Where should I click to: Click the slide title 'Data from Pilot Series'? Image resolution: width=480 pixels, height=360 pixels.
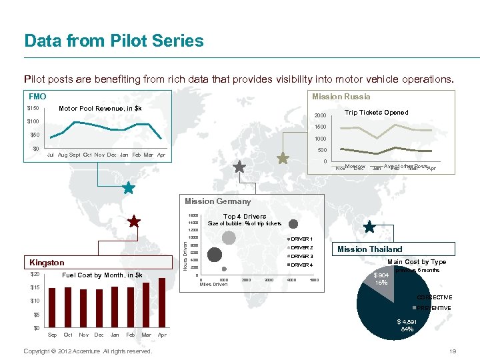coord(114,41)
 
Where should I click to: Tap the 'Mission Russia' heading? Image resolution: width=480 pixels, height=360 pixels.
coord(341,97)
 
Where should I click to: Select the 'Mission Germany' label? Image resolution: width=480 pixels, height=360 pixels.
coord(217,201)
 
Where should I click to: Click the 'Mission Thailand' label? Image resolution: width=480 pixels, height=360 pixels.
coord(369,249)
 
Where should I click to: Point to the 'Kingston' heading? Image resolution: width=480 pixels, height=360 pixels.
coord(47,263)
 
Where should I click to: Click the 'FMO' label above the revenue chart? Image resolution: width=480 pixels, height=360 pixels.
coord(37,97)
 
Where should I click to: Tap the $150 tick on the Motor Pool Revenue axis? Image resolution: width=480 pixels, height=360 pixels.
coord(33,109)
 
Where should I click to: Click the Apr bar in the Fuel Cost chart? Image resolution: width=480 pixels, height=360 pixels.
coord(161,302)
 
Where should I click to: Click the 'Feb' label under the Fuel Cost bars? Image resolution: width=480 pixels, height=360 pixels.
coord(130,335)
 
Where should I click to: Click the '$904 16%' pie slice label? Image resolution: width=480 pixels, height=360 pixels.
coord(381,279)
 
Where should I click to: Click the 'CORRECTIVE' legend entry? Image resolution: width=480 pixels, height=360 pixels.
coord(434,297)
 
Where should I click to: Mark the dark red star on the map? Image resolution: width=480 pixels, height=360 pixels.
coord(134,221)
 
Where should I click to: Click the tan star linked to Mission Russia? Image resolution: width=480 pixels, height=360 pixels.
coord(283,159)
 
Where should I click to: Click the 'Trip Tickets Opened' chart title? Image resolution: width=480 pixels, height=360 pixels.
coord(376,113)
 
